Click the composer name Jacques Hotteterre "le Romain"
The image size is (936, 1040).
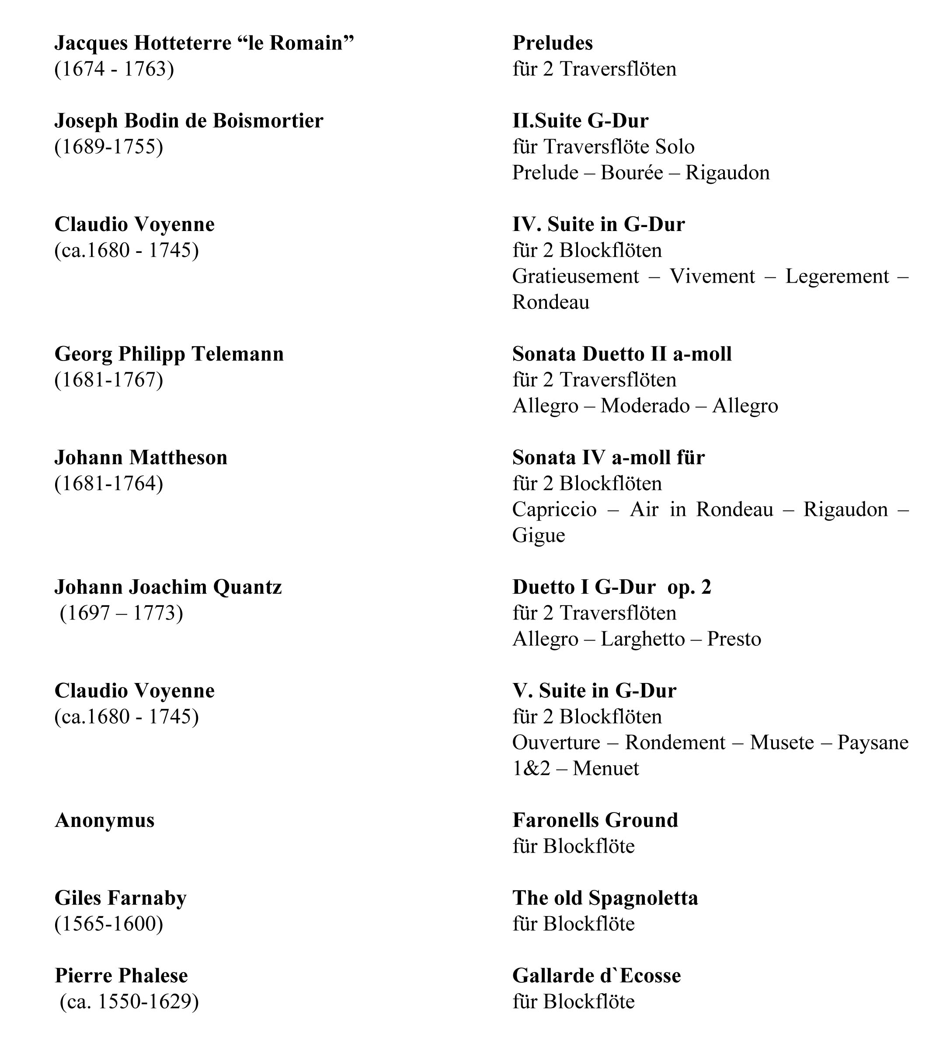coord(204,43)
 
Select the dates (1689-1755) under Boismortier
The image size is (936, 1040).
coord(108,147)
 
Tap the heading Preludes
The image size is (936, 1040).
coord(552,43)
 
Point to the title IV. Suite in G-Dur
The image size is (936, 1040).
coord(598,225)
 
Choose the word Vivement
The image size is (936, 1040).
coord(712,277)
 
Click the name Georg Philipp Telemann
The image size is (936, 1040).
coord(169,354)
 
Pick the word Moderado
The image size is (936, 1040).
coord(645,406)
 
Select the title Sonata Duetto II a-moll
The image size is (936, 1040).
coord(622,354)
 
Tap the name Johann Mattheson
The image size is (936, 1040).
coord(141,458)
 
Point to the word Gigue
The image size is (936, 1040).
coord(539,536)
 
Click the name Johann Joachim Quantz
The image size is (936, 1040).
coord(168,588)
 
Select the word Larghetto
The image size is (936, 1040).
coord(643,640)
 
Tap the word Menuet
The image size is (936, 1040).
coord(606,769)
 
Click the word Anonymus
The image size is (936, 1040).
coord(104,821)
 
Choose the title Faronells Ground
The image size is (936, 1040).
coord(595,821)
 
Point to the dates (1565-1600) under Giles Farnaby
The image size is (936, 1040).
coord(108,924)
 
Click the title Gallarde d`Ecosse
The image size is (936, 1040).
coord(597,976)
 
